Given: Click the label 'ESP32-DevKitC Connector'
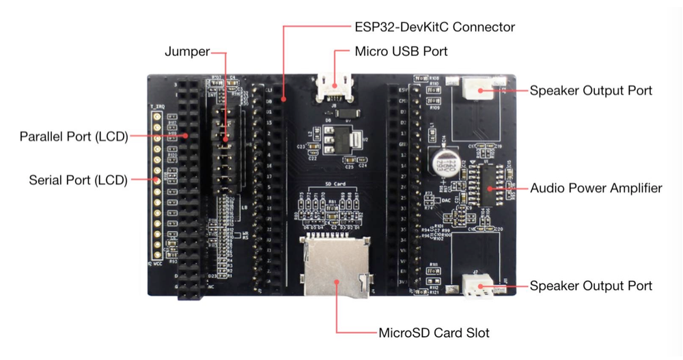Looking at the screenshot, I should (x=434, y=27).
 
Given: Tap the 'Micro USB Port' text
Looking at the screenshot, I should (x=402, y=51).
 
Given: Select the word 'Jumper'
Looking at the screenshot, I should (x=187, y=52).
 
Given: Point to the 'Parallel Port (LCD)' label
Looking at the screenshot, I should (x=74, y=136).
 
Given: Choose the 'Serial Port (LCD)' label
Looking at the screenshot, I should (x=78, y=180).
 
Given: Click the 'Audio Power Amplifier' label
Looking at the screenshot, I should (x=596, y=188).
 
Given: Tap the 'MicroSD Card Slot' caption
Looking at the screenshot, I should (x=434, y=333).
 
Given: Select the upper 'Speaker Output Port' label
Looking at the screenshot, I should (x=591, y=90).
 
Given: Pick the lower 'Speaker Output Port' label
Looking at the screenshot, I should (x=591, y=286).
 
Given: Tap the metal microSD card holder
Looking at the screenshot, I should (x=337, y=266).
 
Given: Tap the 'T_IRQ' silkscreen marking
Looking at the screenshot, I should (x=157, y=107).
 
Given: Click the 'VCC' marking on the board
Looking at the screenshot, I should (x=159, y=262).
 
